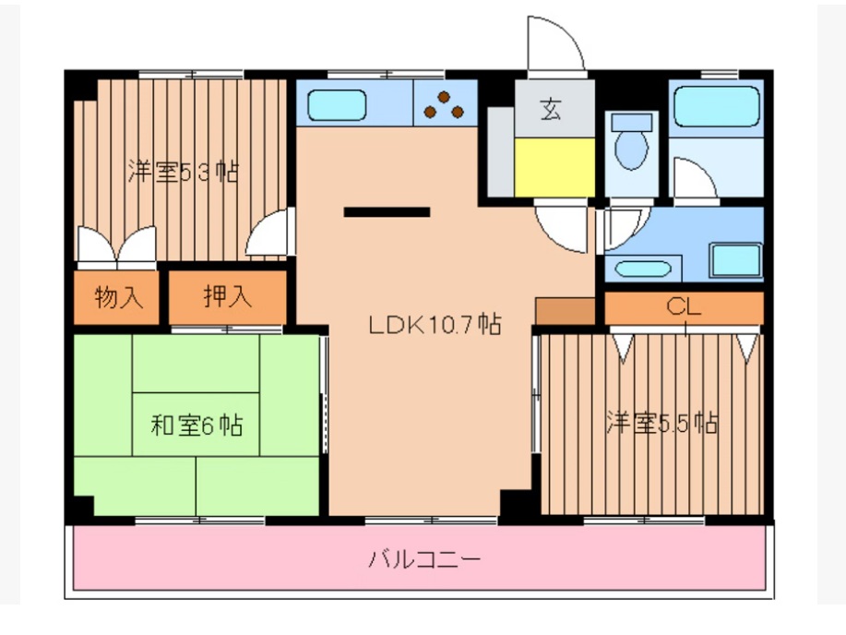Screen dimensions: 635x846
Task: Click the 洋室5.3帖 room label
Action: coord(183,172)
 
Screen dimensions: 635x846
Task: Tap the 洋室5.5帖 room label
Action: coord(661,424)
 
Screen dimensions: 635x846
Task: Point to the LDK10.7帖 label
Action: coord(435,324)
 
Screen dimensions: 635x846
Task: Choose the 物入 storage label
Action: coord(119,297)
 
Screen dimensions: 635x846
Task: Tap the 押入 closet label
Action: coord(226,297)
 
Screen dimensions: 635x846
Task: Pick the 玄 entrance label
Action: coord(551,111)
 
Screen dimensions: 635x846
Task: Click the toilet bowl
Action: coord(632,150)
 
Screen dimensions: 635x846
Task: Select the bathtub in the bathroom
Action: coord(716,107)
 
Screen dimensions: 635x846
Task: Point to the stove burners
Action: coord(445,106)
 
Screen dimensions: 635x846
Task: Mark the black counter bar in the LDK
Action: coord(387,212)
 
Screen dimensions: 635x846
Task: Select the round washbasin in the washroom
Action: coord(643,270)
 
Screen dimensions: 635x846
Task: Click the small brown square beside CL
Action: coord(565,312)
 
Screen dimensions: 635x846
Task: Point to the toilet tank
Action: coord(632,121)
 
